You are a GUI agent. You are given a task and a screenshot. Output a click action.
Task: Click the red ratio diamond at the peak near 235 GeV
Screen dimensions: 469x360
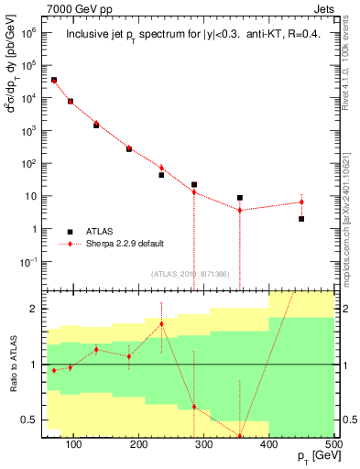point(161,323)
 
